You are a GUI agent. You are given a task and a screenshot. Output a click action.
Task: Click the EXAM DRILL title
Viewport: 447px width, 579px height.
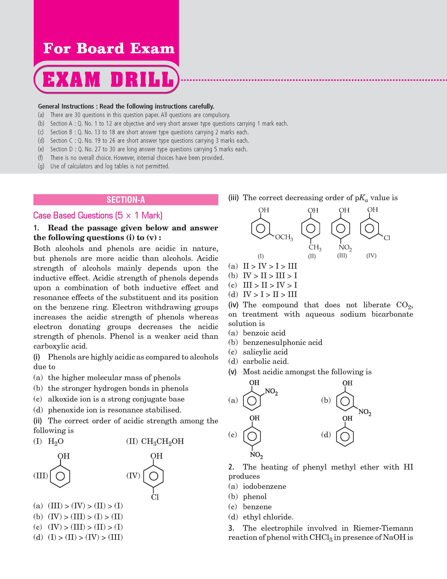click(107, 80)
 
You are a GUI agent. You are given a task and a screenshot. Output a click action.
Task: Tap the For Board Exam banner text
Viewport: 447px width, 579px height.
click(109, 49)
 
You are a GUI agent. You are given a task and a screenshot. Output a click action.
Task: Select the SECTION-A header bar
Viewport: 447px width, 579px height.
click(125, 200)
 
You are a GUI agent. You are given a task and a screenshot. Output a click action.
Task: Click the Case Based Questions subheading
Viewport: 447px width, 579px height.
click(98, 215)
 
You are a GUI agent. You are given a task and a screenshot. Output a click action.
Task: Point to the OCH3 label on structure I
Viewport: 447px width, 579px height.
click(284, 237)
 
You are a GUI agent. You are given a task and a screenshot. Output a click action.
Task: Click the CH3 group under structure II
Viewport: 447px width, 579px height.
click(315, 248)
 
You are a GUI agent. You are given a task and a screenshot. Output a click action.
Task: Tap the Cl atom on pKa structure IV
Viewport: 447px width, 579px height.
click(387, 238)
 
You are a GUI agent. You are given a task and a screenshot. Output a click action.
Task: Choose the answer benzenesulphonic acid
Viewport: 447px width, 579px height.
click(282, 342)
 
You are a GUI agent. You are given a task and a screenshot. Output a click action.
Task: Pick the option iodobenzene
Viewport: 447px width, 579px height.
click(264, 486)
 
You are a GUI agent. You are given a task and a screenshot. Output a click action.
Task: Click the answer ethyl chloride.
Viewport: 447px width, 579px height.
click(268, 517)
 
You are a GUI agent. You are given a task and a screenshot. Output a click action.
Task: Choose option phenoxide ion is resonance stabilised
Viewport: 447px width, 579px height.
click(114, 410)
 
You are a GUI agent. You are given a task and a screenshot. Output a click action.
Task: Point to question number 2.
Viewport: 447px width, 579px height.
click(231, 467)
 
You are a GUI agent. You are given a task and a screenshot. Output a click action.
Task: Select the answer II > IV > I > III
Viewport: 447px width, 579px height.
click(270, 266)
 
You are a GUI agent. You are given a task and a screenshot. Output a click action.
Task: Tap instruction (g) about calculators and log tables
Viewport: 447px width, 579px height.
click(110, 166)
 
